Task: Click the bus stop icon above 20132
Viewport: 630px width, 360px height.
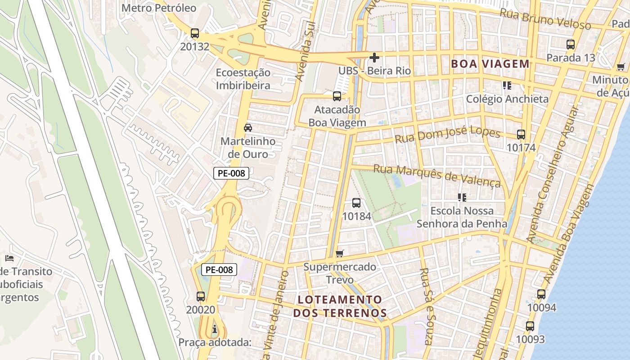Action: (195, 33)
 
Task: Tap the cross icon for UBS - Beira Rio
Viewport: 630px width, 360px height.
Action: (374, 58)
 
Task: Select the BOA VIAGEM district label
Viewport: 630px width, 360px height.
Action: (490, 64)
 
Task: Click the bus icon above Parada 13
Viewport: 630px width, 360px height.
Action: (571, 45)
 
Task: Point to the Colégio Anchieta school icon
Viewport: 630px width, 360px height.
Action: (507, 85)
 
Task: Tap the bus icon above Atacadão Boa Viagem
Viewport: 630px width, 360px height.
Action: (337, 96)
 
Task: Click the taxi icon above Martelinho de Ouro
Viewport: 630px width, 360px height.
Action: (247, 128)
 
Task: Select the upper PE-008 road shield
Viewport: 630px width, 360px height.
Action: (231, 173)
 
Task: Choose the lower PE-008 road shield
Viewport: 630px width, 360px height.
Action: (219, 270)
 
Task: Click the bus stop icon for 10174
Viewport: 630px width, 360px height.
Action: (521, 135)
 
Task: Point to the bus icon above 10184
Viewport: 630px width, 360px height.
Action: (356, 203)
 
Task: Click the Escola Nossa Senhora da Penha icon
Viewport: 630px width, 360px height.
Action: (462, 197)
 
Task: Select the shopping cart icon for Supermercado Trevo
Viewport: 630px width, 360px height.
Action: (340, 253)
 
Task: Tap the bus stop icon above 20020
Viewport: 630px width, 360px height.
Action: (201, 297)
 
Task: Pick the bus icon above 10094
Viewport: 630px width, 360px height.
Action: (541, 294)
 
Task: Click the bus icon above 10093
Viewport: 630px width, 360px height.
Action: (530, 326)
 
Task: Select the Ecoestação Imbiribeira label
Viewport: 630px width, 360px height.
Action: (243, 79)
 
